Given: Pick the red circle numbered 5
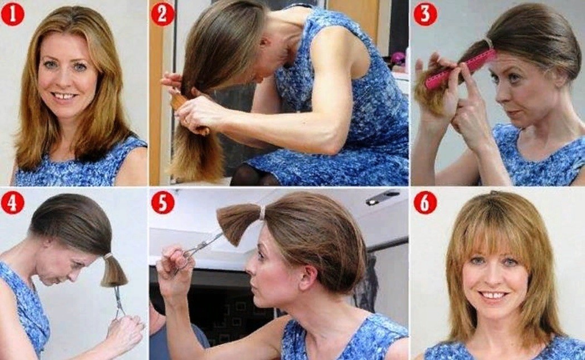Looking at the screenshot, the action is [163, 203].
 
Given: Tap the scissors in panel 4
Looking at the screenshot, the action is [120, 302].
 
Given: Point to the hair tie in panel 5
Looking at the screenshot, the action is [263, 213].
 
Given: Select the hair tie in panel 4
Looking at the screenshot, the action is [108, 256].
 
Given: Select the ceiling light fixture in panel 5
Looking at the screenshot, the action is [383, 197].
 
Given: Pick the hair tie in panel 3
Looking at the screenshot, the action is [489, 43].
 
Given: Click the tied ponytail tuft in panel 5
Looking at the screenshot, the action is [239, 223].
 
